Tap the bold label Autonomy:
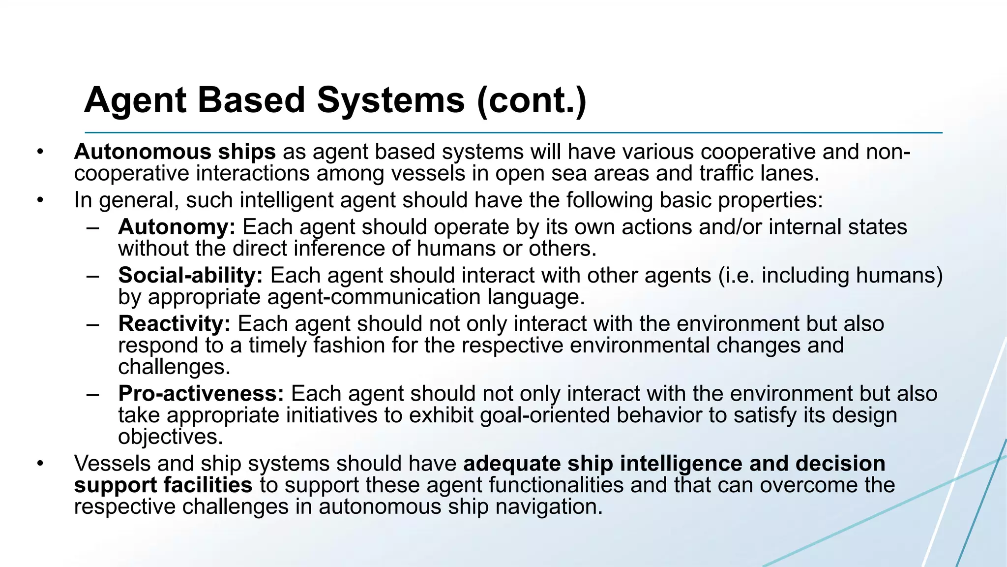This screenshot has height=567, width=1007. point(177,227)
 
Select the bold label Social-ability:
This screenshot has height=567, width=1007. point(190,275)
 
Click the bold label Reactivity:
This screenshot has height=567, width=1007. point(174,324)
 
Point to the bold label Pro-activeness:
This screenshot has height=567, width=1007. point(201,394)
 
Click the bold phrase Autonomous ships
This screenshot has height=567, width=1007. point(175,152)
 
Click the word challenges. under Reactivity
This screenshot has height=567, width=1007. point(174,367)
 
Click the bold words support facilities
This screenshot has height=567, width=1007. point(163,485)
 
